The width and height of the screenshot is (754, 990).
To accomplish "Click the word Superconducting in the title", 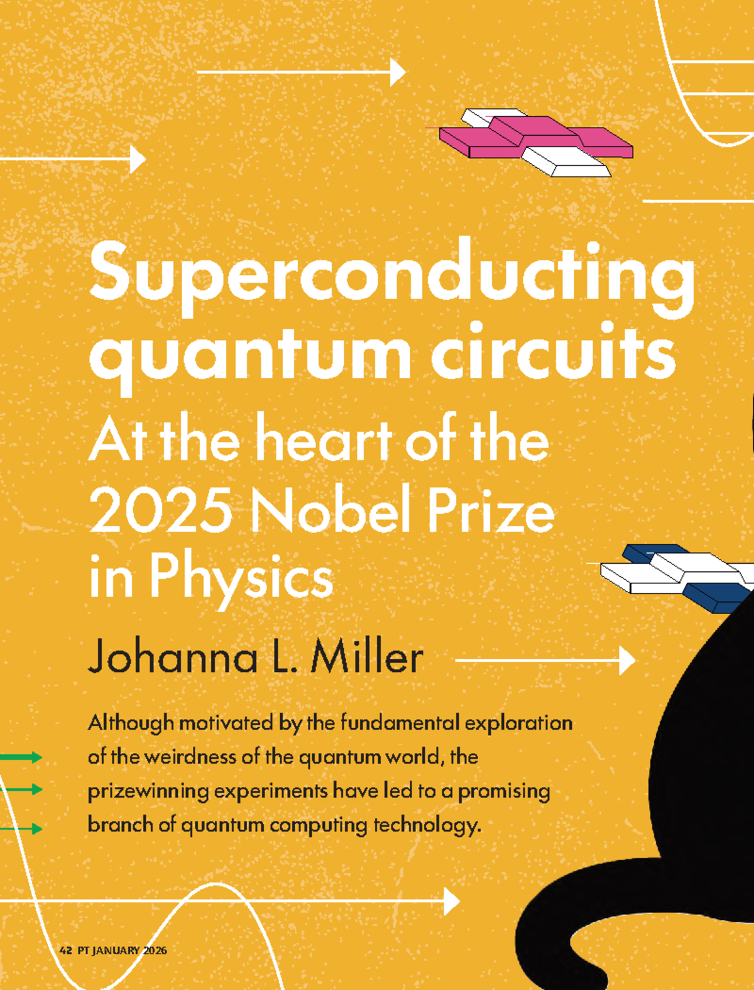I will pos(392,274).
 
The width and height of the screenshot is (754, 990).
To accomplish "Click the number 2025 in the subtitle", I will pos(161,510).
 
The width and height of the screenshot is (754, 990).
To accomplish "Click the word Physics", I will pos(241,578).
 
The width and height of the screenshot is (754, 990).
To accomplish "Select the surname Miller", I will pos(367,658).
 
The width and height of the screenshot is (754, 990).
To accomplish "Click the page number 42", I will pos(65,950).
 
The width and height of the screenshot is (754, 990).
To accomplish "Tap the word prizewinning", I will pos(148,791).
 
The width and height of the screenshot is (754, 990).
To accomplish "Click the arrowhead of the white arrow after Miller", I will pos(626,661).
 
